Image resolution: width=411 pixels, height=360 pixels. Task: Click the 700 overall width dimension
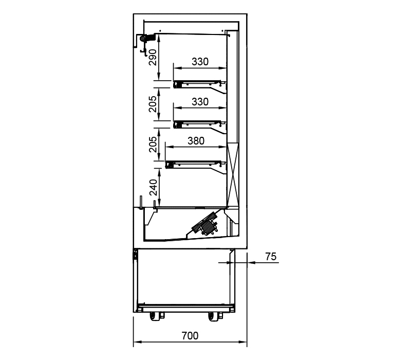point(190,336)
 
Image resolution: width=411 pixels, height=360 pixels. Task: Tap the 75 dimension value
point(271,256)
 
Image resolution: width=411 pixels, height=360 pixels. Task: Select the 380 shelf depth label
point(196,141)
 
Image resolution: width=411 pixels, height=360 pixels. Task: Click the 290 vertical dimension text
point(153,57)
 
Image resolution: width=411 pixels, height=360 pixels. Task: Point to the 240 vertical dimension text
point(153,187)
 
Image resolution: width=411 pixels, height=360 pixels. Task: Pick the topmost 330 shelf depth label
point(200,62)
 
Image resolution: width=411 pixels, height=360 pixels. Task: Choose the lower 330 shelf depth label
point(200,101)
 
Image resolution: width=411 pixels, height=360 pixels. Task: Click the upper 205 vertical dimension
point(153,104)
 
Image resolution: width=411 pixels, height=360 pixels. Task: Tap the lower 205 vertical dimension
point(153,145)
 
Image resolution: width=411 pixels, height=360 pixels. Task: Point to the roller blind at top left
point(143,39)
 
